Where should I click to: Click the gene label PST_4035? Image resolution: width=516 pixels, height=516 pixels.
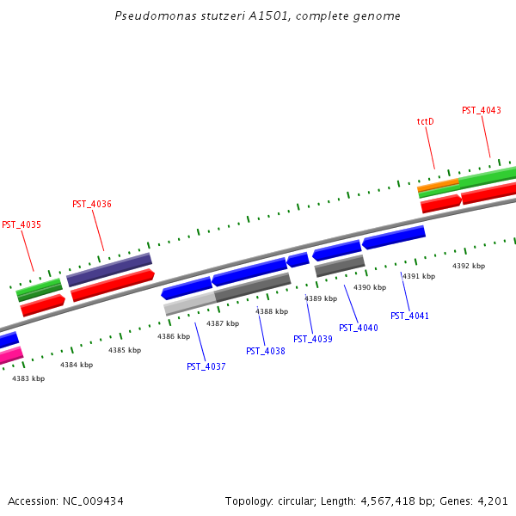[21, 224]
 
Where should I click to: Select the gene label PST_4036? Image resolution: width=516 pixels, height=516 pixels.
[92, 205]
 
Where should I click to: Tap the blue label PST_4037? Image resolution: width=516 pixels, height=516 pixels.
[206, 367]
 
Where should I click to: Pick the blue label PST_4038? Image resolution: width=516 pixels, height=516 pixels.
[266, 351]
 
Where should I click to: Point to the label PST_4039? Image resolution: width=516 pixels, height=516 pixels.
[313, 339]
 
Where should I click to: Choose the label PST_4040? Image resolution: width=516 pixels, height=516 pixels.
[359, 328]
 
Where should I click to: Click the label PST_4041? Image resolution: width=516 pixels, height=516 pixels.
[409, 316]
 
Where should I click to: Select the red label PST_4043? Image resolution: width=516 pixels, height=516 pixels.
[482, 110]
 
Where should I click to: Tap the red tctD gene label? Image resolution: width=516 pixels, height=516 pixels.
[425, 122]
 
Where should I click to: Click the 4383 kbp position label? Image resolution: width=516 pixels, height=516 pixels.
[28, 378]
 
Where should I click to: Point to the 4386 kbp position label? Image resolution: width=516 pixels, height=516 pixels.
[174, 337]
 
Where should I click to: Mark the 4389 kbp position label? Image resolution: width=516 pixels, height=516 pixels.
[320, 298]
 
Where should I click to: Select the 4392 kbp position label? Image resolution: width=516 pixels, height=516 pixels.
[469, 267]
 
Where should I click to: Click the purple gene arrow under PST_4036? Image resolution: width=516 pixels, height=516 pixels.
[109, 269]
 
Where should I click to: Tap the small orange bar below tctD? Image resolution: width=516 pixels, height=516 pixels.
[438, 185]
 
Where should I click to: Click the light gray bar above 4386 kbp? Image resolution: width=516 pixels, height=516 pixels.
[189, 303]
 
